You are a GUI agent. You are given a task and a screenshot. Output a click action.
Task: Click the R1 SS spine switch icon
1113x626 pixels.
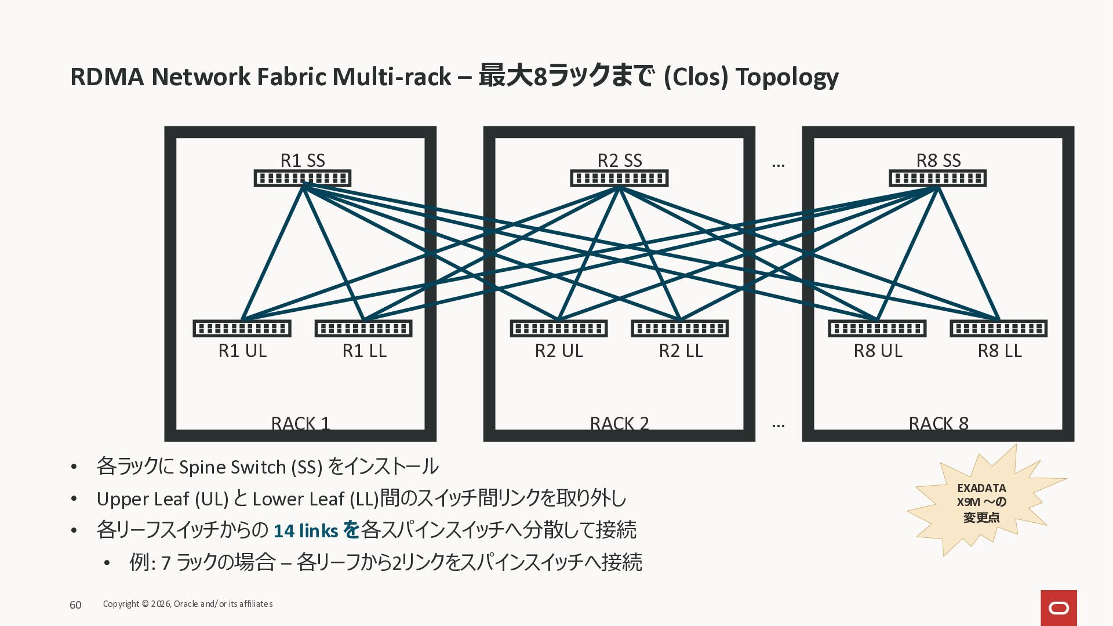tap(303, 178)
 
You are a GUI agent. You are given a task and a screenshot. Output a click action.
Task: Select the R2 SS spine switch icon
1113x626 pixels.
tap(619, 178)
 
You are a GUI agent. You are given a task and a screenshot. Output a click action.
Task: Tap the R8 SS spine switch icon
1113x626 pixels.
tap(938, 178)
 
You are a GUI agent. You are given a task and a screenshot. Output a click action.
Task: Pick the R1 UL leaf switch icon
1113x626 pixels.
tap(242, 329)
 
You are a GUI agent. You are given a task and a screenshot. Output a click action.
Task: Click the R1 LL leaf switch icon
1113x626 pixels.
tap(363, 329)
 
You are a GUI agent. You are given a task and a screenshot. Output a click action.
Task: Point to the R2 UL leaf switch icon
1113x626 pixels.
tap(559, 329)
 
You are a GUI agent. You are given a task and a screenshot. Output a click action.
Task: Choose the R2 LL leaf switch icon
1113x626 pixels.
tap(680, 329)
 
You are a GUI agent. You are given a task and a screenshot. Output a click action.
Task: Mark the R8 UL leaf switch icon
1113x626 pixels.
tap(877, 329)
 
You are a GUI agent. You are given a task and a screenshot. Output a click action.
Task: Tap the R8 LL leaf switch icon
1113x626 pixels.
tap(999, 329)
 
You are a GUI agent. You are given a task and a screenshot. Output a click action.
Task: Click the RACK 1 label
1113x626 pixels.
tap(300, 424)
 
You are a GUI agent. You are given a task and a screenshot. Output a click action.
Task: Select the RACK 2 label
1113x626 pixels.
tap(619, 424)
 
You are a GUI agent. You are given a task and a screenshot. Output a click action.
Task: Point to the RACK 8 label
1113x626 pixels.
tap(939, 424)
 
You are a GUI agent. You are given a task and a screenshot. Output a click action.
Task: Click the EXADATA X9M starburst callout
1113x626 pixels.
tap(982, 503)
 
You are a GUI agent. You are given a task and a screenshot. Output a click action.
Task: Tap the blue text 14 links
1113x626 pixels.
tap(305, 531)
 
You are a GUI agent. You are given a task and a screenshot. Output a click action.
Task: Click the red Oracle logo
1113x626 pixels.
tap(1059, 608)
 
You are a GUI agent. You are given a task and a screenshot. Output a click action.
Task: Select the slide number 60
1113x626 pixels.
tap(75, 605)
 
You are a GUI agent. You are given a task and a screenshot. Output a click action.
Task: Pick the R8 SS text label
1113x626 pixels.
tap(939, 160)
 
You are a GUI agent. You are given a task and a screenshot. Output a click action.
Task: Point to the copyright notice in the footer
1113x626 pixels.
tap(188, 604)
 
